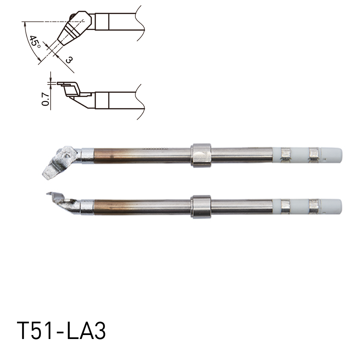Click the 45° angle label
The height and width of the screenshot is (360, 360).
click(x=35, y=42)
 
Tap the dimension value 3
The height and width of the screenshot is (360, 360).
click(x=69, y=60)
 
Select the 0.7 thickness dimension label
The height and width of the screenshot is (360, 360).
click(x=46, y=99)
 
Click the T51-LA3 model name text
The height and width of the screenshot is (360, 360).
click(x=61, y=331)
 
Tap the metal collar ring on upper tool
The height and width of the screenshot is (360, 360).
click(x=201, y=155)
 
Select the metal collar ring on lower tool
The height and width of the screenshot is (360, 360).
click(x=201, y=207)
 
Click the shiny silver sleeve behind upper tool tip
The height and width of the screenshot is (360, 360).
click(x=87, y=155)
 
